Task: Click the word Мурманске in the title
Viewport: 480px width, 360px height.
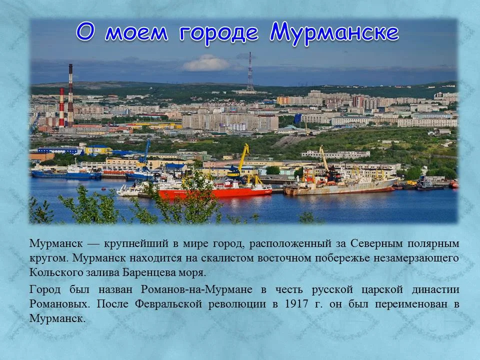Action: pos(334,33)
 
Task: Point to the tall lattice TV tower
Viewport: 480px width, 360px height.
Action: pos(250,72)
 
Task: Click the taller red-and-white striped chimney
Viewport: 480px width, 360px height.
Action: pos(70,95)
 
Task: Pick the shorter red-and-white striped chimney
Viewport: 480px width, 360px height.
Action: pos(61,107)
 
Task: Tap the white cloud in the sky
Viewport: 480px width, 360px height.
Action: pos(206,63)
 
